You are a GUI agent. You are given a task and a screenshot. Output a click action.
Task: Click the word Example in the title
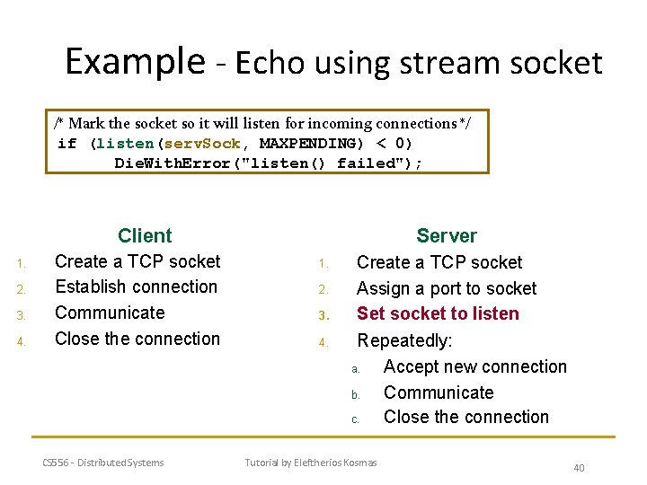135,61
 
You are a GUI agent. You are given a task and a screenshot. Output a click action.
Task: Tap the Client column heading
145,236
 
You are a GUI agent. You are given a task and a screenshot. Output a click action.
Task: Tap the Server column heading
447,236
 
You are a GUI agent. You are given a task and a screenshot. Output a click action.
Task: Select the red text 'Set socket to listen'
438,313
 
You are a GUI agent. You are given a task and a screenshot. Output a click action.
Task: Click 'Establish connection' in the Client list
136,287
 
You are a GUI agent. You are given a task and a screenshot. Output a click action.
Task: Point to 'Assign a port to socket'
446,288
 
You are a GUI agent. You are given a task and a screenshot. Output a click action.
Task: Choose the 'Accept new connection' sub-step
474,366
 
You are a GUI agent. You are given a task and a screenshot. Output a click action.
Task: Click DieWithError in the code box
179,163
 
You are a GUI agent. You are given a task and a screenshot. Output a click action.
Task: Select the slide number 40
579,468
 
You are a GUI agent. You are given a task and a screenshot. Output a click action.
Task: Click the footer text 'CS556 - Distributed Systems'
103,463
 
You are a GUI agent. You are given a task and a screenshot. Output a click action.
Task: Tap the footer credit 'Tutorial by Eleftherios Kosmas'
311,463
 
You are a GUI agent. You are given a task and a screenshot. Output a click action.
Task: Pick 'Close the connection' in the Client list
137,339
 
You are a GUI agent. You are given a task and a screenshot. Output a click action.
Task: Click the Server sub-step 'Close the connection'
465,417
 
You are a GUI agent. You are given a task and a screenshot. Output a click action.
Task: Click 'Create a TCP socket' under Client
137,261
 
